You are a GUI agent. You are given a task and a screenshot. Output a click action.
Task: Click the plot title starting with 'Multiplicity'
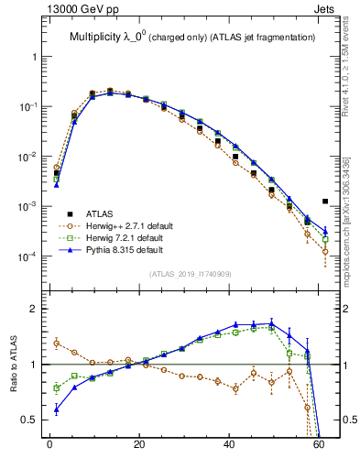192,37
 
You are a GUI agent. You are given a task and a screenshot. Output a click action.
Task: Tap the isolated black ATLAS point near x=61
325,202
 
